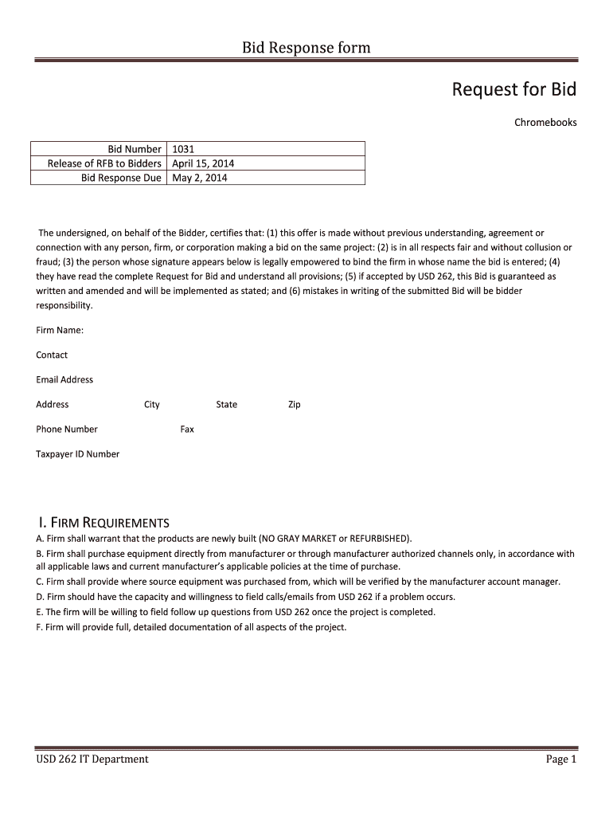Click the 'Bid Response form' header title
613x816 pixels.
pyautogui.click(x=306, y=48)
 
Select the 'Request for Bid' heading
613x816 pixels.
pyautogui.click(x=513, y=89)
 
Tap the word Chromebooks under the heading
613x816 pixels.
pyautogui.click(x=545, y=123)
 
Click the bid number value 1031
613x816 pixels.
pyautogui.click(x=184, y=149)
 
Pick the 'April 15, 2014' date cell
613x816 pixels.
pyautogui.click(x=203, y=163)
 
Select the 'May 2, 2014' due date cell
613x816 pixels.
pyautogui.click(x=200, y=178)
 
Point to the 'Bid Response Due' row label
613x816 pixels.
pyautogui.click(x=121, y=178)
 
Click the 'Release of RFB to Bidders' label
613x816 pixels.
pyautogui.click(x=104, y=163)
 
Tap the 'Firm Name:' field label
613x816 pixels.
pyautogui.click(x=60, y=330)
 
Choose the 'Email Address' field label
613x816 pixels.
pyautogui.click(x=64, y=379)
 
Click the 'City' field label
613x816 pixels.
pyautogui.click(x=152, y=405)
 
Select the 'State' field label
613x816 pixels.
pyautogui.click(x=226, y=405)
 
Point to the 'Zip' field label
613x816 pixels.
pyautogui.click(x=295, y=405)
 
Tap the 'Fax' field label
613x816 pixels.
pyautogui.click(x=187, y=430)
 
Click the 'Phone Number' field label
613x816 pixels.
pyautogui.click(x=67, y=430)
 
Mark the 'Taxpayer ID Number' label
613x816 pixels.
pyautogui.click(x=78, y=454)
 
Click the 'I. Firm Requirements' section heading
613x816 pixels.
pyautogui.click(x=103, y=523)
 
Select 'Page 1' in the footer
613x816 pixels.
pyautogui.click(x=560, y=759)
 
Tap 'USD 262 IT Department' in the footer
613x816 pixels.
pyautogui.click(x=92, y=759)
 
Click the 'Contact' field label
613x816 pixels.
pyautogui.click(x=52, y=355)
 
